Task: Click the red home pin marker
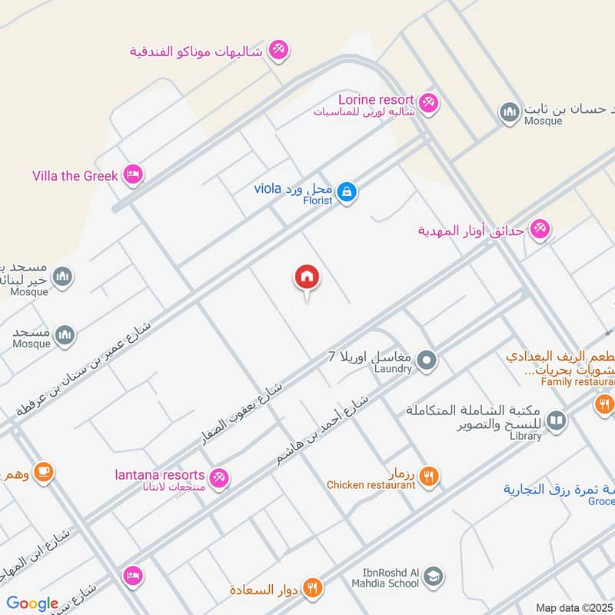(x=306, y=278)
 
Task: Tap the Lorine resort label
(x=376, y=100)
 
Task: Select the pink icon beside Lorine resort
(x=428, y=101)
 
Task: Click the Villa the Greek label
(x=75, y=176)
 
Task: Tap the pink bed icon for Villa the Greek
(x=132, y=175)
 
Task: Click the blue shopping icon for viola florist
(x=347, y=190)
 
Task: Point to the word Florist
(x=317, y=201)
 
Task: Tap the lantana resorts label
(x=160, y=475)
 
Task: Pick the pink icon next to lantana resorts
(x=219, y=477)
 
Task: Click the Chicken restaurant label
(x=371, y=485)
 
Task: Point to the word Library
(x=525, y=436)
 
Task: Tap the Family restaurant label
(x=577, y=381)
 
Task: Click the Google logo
(x=32, y=603)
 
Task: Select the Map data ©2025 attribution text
(x=573, y=608)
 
